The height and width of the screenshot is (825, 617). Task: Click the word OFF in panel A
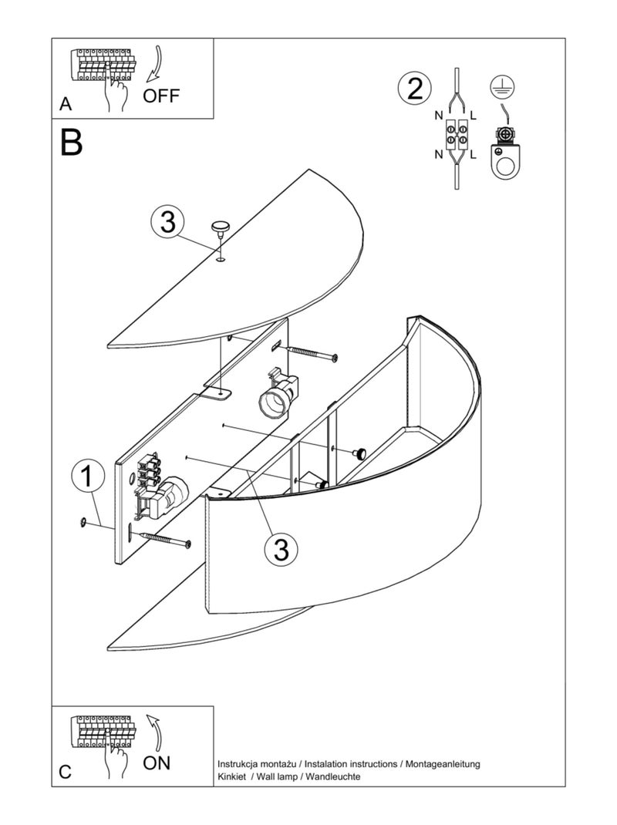pos(161,96)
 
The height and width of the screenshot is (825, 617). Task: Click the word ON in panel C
pos(157,763)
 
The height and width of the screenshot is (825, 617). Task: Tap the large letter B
pos(72,142)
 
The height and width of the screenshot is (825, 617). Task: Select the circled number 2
pos(415,89)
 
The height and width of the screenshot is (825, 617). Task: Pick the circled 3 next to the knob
pos(167,223)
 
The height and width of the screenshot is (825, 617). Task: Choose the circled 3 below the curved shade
pos(282,550)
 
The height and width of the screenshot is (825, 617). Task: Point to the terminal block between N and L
pos(456,134)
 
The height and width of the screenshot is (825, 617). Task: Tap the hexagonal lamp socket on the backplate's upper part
pos(276,398)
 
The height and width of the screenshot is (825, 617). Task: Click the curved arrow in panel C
pos(155,732)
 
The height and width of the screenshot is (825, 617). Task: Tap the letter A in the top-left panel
pos(66,104)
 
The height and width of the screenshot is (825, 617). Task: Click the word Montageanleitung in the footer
pos(442,763)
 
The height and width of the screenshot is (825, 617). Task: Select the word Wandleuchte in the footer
pos(333,776)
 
